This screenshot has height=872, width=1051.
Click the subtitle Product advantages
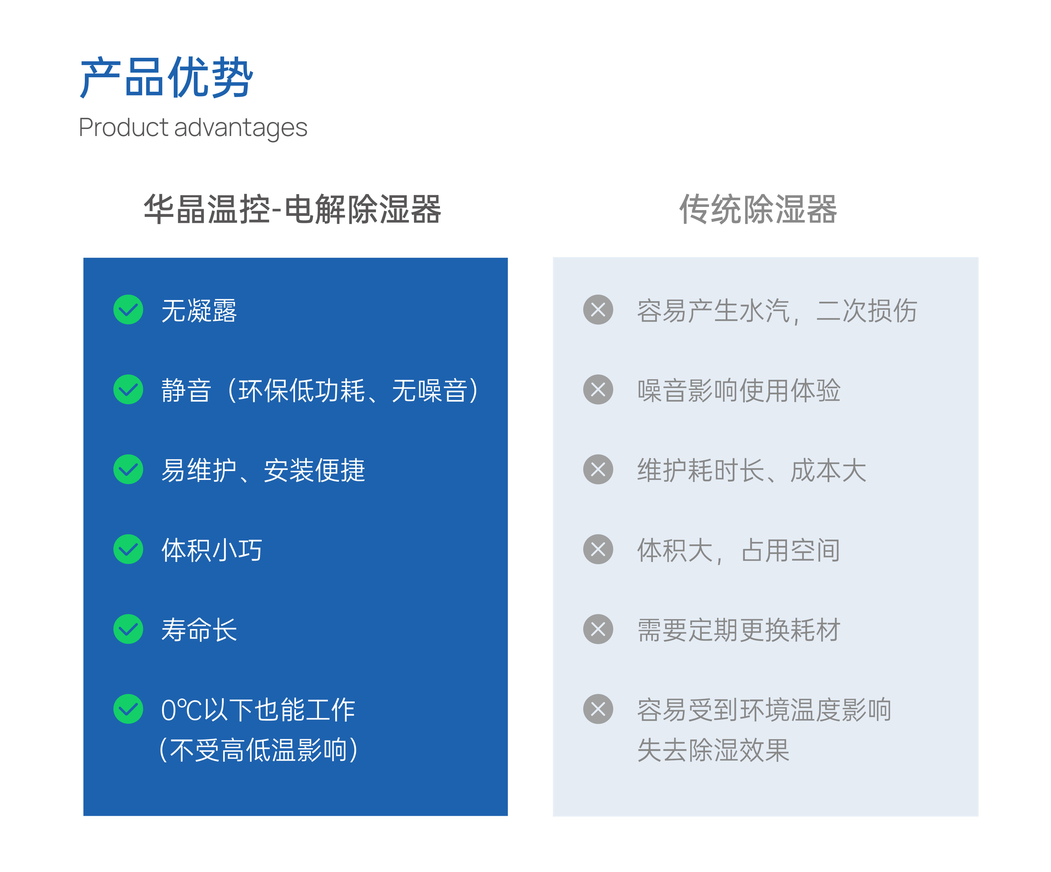pyautogui.click(x=193, y=128)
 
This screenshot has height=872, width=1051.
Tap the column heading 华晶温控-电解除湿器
pyautogui.click(x=292, y=209)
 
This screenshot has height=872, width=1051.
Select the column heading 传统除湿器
pyautogui.click(x=758, y=209)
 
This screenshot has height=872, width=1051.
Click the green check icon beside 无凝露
pyautogui.click(x=128, y=309)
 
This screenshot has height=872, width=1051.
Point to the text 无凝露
pyautogui.click(x=199, y=310)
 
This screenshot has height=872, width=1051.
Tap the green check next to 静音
pyautogui.click(x=128, y=390)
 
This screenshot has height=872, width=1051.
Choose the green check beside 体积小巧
pyautogui.click(x=128, y=549)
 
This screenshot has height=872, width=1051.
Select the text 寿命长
pyautogui.click(x=199, y=630)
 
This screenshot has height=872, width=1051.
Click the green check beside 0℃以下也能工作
pyautogui.click(x=128, y=709)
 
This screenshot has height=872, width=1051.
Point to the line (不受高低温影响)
pyautogui.click(x=258, y=750)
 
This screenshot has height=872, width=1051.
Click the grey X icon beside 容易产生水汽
pyautogui.click(x=598, y=309)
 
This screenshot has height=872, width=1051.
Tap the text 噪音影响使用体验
pyautogui.click(x=739, y=391)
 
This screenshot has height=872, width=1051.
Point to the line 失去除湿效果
pyautogui.click(x=713, y=750)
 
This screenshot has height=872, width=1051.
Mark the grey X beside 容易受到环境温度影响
pyautogui.click(x=598, y=709)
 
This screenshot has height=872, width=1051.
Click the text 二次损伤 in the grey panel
pyautogui.click(x=866, y=310)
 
